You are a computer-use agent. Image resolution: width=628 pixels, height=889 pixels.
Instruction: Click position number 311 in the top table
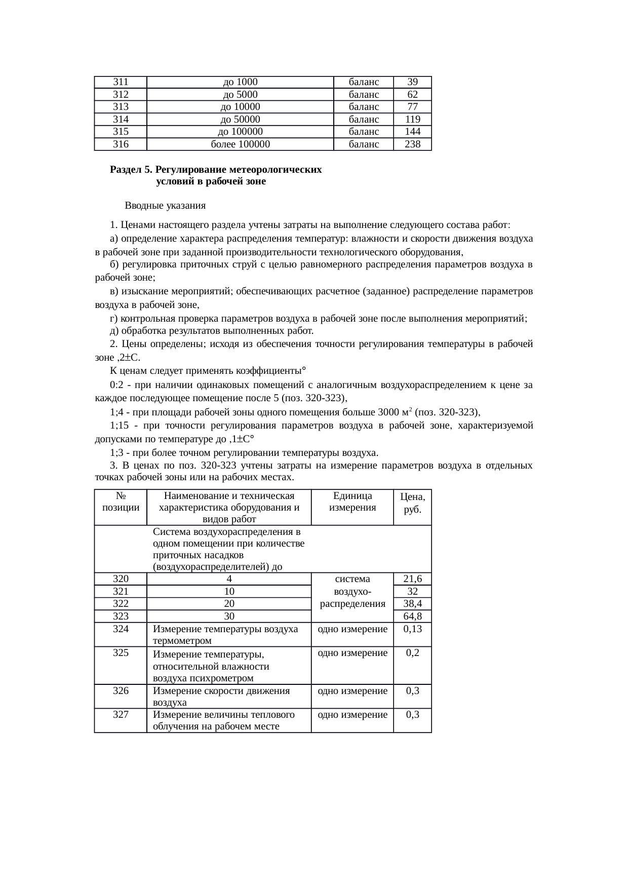(x=121, y=82)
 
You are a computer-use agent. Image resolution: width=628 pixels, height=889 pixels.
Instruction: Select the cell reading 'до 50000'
(x=240, y=120)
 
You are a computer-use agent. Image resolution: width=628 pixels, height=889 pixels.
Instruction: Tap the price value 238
(x=412, y=144)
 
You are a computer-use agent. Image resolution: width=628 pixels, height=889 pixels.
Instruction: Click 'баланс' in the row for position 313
(x=364, y=107)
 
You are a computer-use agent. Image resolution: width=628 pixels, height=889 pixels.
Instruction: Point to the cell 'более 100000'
(x=240, y=144)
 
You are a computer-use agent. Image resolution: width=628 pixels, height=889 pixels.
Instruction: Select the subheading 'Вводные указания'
(x=165, y=206)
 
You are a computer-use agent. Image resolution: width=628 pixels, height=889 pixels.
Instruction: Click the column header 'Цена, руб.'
(x=412, y=504)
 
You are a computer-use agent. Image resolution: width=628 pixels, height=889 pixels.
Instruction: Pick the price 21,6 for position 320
(x=412, y=579)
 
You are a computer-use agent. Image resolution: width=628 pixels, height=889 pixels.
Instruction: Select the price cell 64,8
(x=412, y=616)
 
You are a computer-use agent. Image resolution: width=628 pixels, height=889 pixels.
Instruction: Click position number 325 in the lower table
(x=121, y=653)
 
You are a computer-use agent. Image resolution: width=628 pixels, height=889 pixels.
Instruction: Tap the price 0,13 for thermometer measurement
(x=412, y=629)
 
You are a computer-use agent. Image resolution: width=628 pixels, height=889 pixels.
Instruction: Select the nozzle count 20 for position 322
(x=229, y=604)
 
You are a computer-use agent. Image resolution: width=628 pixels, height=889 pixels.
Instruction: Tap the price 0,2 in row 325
(x=412, y=653)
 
